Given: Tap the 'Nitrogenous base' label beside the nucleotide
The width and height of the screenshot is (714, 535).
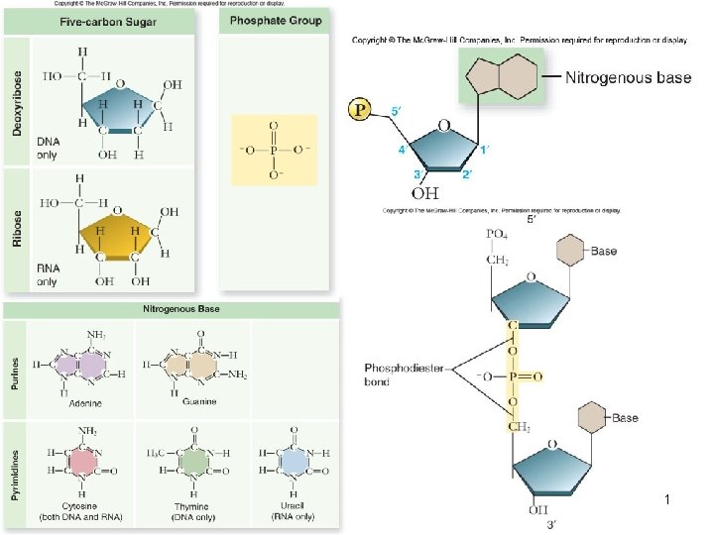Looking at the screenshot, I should click(628, 77).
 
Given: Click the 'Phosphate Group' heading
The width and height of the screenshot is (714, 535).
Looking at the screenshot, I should click(272, 21).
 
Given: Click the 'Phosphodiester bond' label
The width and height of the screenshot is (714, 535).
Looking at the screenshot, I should click(397, 374).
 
